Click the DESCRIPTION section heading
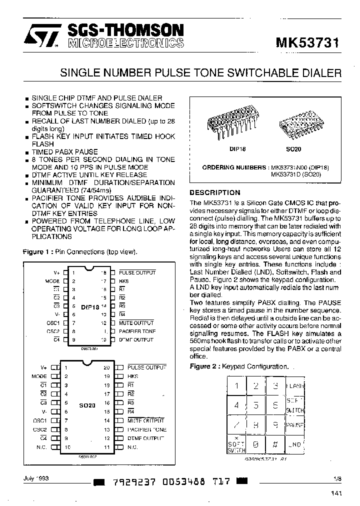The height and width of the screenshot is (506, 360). point(215,192)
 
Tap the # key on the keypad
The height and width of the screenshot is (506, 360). point(274,443)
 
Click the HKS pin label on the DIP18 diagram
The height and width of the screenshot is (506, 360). point(124,281)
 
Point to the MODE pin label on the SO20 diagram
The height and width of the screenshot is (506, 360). point(39,376)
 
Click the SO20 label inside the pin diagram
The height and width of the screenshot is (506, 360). point(87,405)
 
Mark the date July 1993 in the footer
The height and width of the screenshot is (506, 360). point(36,478)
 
